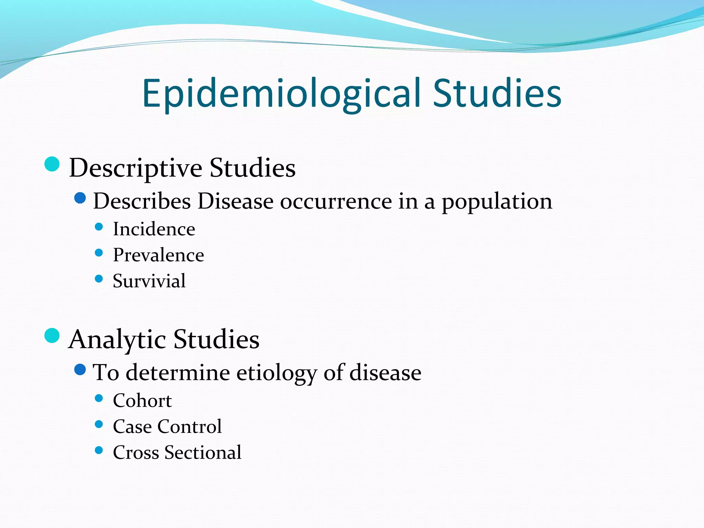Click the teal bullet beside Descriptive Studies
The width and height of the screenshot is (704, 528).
point(52,164)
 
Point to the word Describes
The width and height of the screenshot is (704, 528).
point(142,201)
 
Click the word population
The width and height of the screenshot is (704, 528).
point(497,201)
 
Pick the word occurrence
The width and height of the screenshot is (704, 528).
point(336,201)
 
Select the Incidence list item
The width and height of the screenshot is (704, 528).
point(154,229)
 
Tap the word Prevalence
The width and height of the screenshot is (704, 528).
point(158,255)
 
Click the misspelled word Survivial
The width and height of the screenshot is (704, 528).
point(149,281)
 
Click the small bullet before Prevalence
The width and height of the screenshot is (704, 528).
point(99,253)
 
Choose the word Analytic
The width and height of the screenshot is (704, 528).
point(117,339)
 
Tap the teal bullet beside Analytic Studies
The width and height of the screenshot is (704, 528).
point(52,335)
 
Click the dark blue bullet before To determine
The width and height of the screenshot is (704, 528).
point(80,370)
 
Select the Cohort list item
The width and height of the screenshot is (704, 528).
point(142,400)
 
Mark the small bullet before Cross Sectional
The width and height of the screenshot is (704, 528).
point(99,450)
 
